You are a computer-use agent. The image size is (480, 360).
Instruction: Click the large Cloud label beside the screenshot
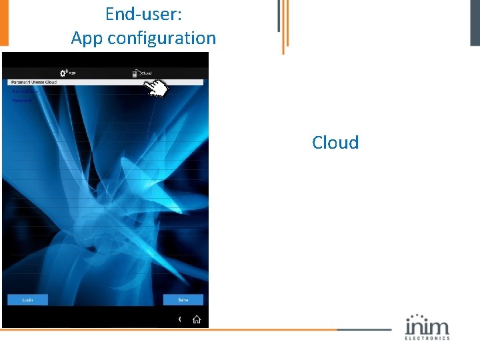tap(335, 143)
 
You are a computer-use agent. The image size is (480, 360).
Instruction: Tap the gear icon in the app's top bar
tap(63, 73)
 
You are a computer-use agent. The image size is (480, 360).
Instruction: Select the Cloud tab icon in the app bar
tap(136, 73)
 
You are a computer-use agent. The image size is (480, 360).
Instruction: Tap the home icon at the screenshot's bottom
tap(197, 319)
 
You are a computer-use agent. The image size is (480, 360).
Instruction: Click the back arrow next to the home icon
tap(179, 319)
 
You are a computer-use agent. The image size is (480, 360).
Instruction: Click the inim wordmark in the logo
tap(427, 327)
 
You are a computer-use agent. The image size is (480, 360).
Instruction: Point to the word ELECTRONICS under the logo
tap(427, 338)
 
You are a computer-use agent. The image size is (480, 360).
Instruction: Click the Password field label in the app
tap(22, 101)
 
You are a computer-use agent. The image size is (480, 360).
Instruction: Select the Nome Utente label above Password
tap(24, 92)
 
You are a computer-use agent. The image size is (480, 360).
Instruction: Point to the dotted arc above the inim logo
tap(417, 316)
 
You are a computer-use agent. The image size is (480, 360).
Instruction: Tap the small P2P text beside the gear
tap(73, 73)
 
